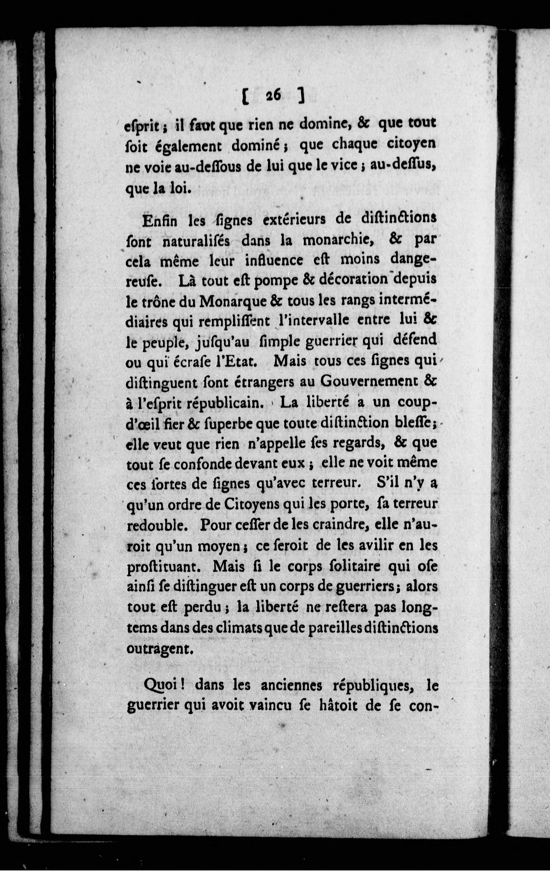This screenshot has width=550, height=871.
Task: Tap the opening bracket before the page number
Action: pos(245,97)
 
